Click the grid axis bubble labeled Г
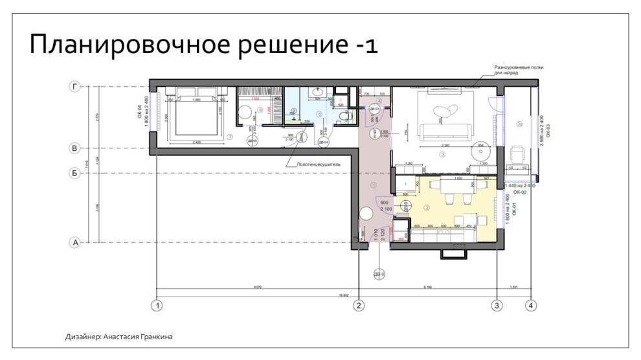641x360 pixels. point(75,86)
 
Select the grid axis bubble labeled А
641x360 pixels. point(75,243)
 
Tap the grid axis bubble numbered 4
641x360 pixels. point(531,305)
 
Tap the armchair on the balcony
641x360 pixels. point(517,154)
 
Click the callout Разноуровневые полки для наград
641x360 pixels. point(515,70)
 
